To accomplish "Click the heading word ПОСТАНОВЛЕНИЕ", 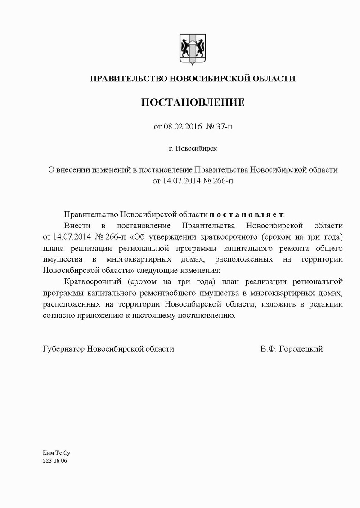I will tap(193, 102).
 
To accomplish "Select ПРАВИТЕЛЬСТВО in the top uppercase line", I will tap(128, 79).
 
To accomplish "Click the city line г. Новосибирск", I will tap(193, 147).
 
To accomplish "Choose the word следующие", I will tap(162, 271).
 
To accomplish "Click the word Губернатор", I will tap(63, 349).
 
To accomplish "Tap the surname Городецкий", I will tap(301, 349).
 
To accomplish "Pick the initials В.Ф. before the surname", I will tap(268, 349).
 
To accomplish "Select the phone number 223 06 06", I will tap(54, 461).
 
